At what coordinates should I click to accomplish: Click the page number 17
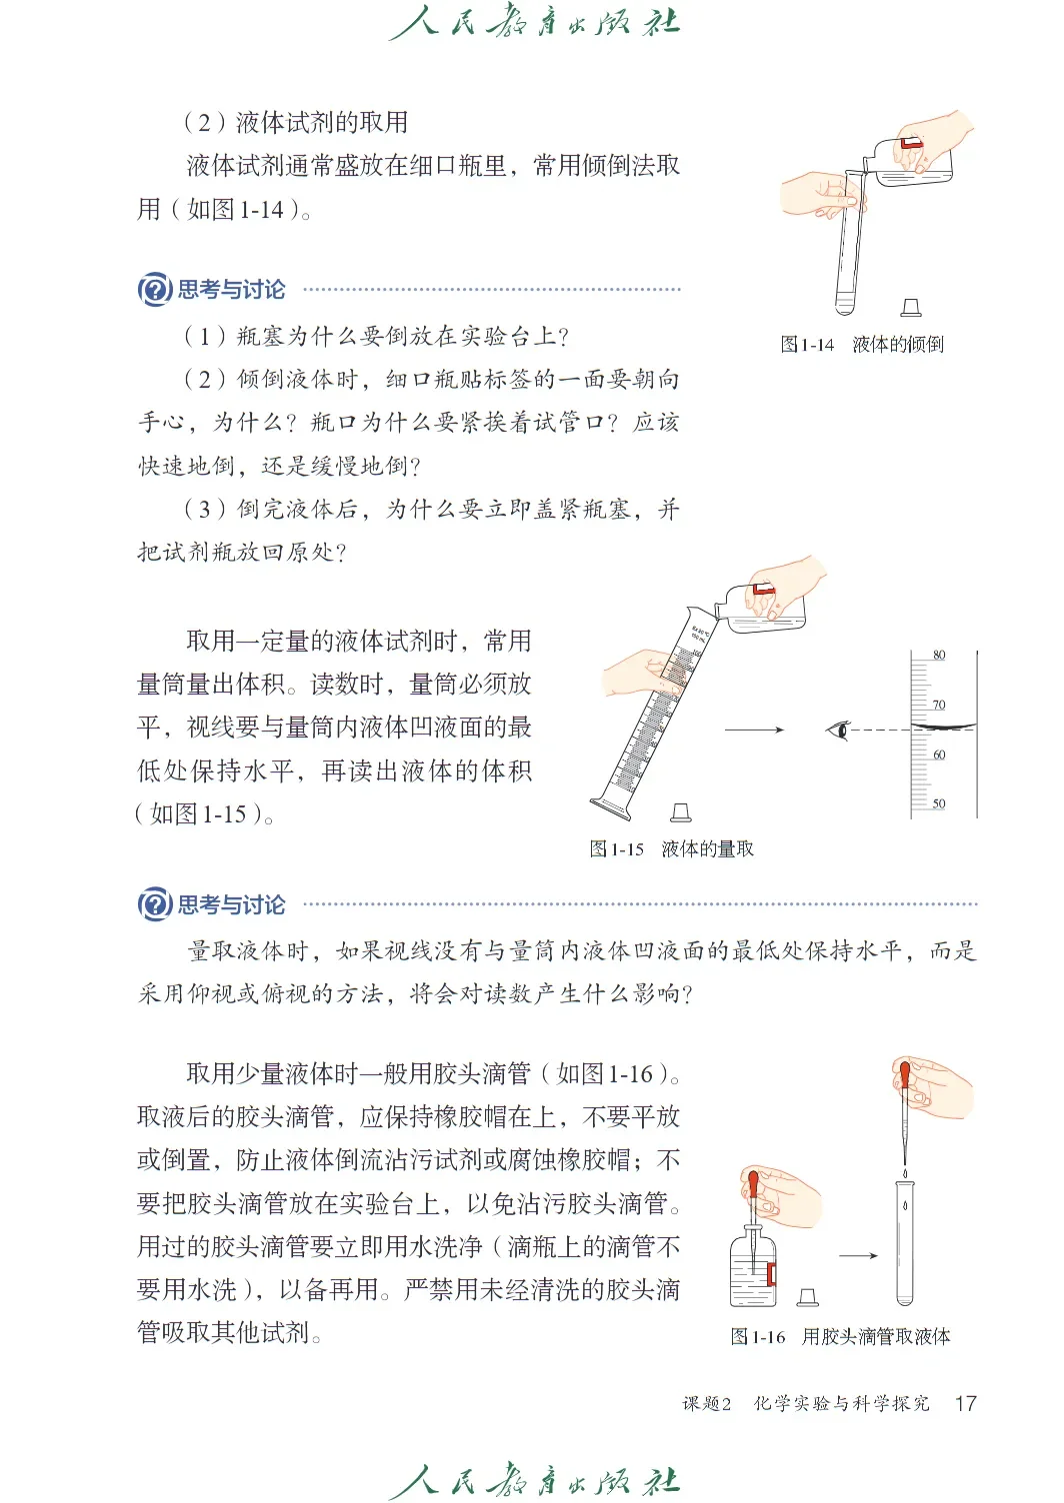[x=965, y=1403]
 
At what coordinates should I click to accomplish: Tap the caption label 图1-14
[x=807, y=345]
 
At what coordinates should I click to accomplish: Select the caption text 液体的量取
[x=708, y=849]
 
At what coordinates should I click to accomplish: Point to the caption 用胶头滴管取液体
[x=876, y=1337]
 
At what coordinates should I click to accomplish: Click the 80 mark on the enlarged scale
[x=939, y=656]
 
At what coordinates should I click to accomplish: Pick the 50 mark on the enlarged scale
[x=939, y=803]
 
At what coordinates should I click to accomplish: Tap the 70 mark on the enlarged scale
[x=939, y=706]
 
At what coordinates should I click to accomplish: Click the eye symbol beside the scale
[x=838, y=730]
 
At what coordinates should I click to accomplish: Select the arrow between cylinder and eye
[x=754, y=730]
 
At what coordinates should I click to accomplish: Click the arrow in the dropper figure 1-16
[x=858, y=1255]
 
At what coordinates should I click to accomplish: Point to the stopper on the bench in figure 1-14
[x=910, y=308]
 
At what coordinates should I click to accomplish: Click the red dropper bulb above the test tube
[x=905, y=1075]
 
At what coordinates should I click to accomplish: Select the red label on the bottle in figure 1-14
[x=909, y=146]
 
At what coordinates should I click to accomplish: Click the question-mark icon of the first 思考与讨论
[x=154, y=290]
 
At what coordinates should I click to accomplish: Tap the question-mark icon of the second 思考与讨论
[x=154, y=904]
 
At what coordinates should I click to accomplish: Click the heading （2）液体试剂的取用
[x=296, y=122]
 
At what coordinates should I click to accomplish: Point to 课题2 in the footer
[x=707, y=1404]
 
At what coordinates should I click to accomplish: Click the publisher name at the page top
[x=533, y=24]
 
